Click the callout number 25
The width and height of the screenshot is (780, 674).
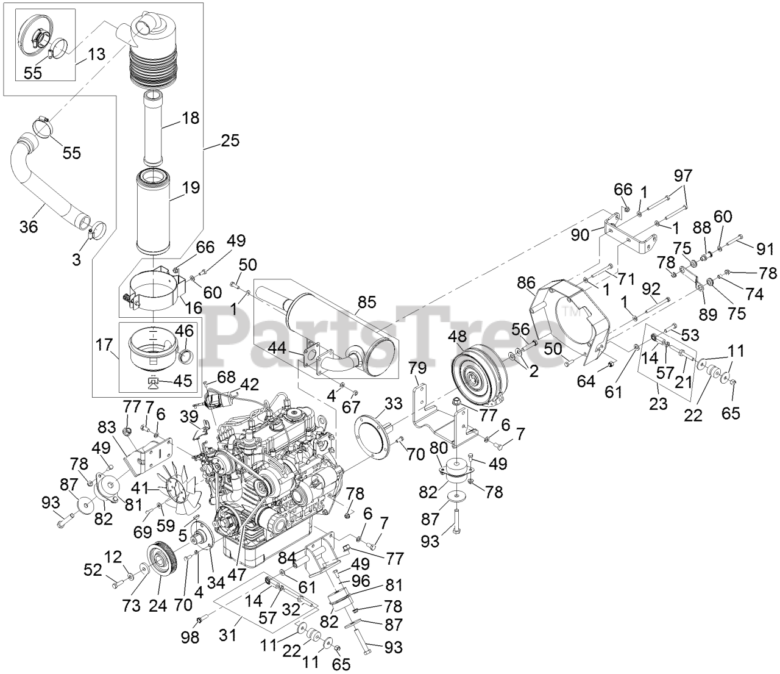pyautogui.click(x=230, y=140)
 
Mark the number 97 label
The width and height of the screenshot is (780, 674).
pyautogui.click(x=683, y=176)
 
